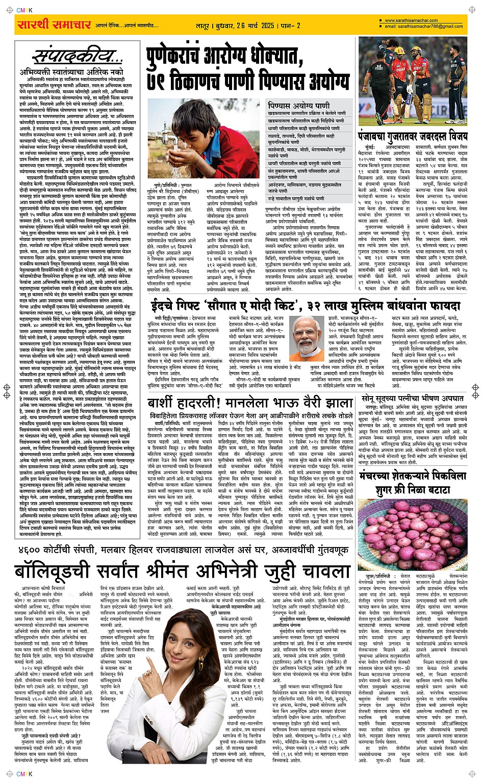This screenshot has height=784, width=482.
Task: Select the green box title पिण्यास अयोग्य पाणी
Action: pyautogui.click(x=299, y=106)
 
